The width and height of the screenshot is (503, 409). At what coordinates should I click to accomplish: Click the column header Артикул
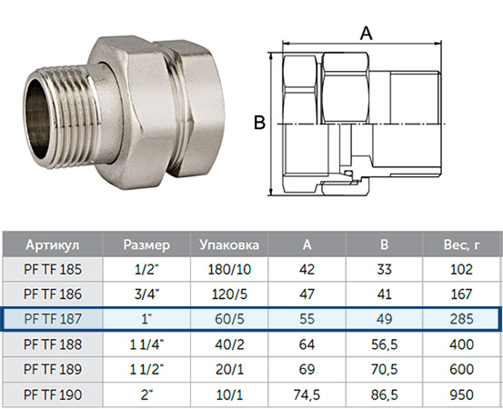click(52, 244)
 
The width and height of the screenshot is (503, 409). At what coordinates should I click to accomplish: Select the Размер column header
click(146, 244)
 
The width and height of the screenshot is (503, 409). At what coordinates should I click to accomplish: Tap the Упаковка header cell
click(229, 244)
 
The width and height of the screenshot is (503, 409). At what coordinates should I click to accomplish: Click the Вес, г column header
click(462, 244)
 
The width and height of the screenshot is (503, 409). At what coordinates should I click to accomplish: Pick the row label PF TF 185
click(53, 269)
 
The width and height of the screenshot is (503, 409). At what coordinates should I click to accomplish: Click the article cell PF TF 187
click(53, 319)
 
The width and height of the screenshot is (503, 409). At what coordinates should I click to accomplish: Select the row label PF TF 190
click(53, 394)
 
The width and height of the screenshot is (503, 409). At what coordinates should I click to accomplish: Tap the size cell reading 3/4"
click(146, 294)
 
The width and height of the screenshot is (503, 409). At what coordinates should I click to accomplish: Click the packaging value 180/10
click(229, 269)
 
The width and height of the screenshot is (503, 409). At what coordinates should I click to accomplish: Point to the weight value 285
click(462, 319)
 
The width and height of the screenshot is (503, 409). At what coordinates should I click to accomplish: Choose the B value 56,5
click(385, 344)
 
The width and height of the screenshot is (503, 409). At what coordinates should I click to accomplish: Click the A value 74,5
click(307, 394)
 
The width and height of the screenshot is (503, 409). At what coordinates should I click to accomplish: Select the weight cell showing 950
click(462, 394)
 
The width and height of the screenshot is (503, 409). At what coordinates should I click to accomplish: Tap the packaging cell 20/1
click(229, 370)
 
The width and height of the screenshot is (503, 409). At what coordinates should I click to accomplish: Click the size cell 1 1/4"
click(146, 344)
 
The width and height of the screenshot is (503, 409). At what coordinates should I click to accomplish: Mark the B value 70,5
click(385, 370)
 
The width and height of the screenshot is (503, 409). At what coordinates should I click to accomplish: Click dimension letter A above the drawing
click(366, 33)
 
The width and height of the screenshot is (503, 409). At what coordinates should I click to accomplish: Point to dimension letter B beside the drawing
click(259, 123)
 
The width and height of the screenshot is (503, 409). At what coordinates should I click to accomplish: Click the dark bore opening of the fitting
click(37, 118)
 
